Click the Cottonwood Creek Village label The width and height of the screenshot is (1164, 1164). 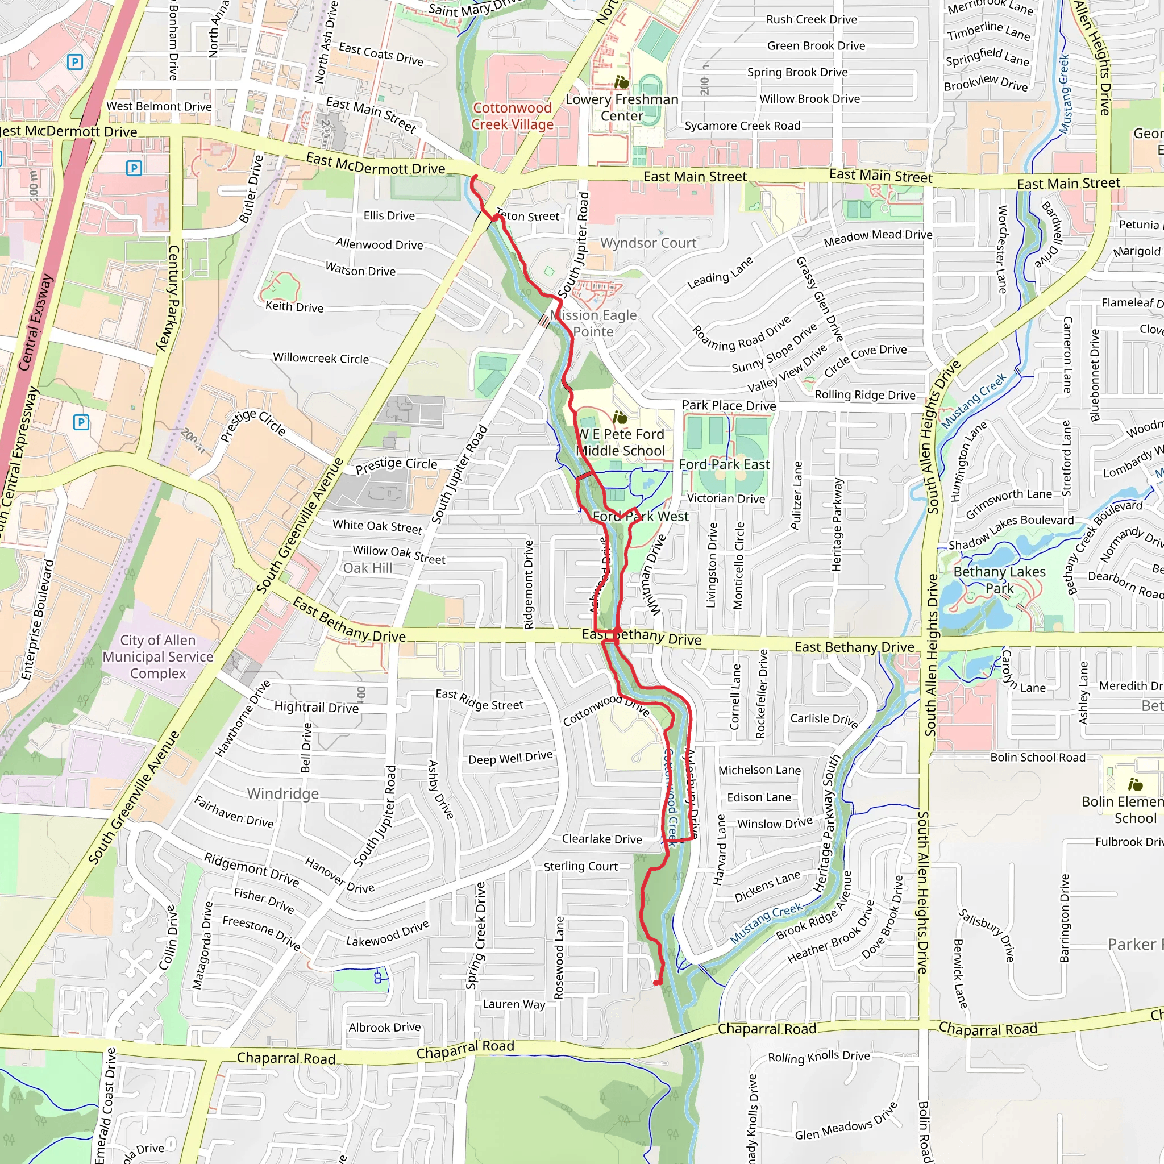point(512,117)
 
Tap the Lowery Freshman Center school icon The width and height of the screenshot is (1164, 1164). point(622,81)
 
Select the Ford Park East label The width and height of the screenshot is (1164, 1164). point(724,464)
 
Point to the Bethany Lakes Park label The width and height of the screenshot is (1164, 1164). point(999,580)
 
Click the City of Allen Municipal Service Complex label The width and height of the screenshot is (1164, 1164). point(158,656)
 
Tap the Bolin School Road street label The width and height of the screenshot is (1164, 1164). point(1037,757)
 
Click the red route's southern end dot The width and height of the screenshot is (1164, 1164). point(658,983)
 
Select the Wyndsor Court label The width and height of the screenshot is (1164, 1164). point(648,243)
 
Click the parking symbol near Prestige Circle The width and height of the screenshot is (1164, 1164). point(81,422)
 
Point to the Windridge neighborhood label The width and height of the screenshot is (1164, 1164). point(282,793)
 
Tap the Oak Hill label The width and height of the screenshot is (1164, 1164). point(368,568)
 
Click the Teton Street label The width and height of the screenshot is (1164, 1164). point(528,215)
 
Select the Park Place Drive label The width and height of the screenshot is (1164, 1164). point(729,405)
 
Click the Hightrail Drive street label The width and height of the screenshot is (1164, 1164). point(317,706)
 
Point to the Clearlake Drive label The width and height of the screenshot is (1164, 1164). point(601,839)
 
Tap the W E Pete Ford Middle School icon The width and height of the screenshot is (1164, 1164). point(620,417)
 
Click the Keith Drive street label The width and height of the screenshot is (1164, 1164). point(294,307)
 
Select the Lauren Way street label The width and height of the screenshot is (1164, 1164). point(513,1004)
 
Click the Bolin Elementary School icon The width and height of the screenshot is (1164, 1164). point(1135,784)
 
